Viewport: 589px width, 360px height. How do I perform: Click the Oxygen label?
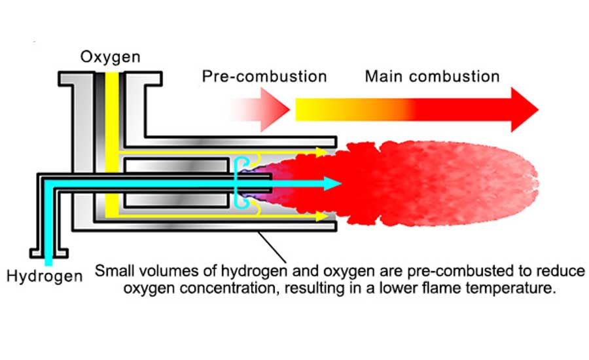tap(110, 57)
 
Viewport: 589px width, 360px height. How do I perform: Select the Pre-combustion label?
tap(264, 76)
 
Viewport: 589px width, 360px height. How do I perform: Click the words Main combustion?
tap(432, 76)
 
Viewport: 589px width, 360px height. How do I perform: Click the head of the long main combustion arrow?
tap(524, 109)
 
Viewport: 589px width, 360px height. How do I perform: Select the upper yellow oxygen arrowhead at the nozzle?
tap(321, 153)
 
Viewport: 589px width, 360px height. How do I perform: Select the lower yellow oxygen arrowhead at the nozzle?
tap(321, 215)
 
